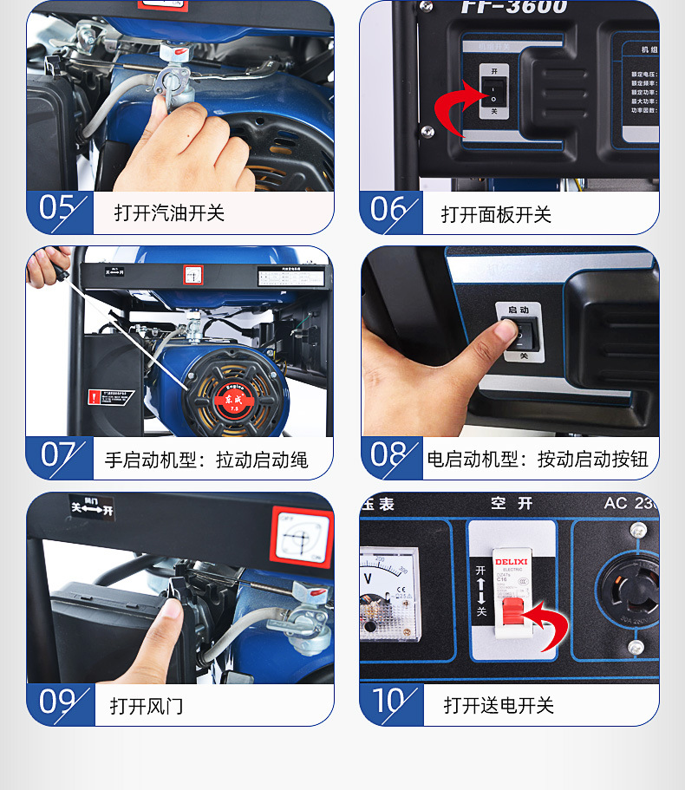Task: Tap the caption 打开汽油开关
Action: (169, 212)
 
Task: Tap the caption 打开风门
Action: (147, 705)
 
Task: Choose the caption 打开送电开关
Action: (499, 705)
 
